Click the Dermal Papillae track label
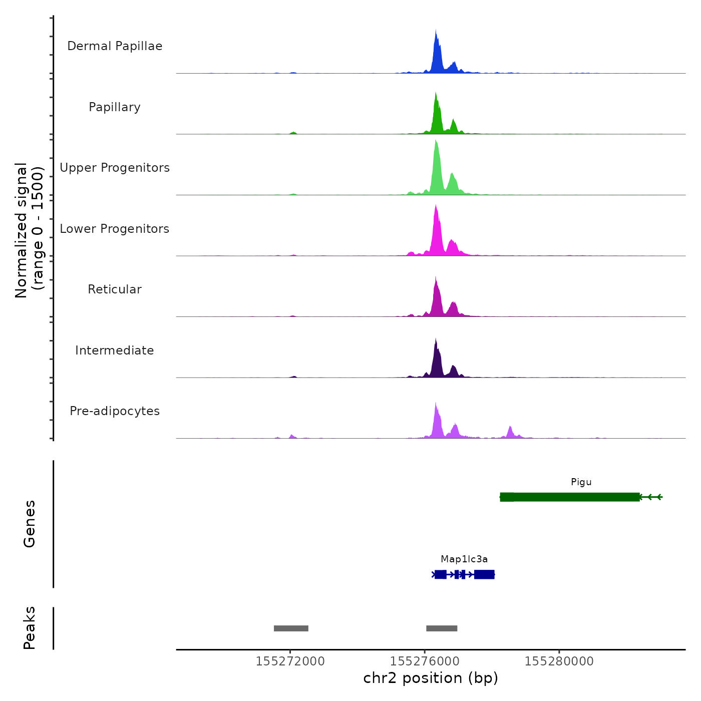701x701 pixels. pyautogui.click(x=115, y=46)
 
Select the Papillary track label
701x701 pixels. pyautogui.click(x=115, y=107)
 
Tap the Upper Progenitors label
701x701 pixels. pyautogui.click(x=115, y=168)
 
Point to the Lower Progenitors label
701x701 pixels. pyautogui.click(x=115, y=229)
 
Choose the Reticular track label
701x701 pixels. pyautogui.click(x=115, y=289)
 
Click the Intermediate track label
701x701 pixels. pyautogui.click(x=115, y=350)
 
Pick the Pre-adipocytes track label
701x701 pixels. pyautogui.click(x=115, y=411)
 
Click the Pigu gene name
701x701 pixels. pyautogui.click(x=581, y=482)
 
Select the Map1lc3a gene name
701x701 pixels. pyautogui.click(x=464, y=559)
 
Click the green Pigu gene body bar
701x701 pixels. pyautogui.click(x=571, y=497)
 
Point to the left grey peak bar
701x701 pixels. pyautogui.click(x=291, y=628)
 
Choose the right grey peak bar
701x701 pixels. pyautogui.click(x=442, y=628)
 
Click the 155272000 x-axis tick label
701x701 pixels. pyautogui.click(x=290, y=661)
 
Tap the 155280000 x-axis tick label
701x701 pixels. pyautogui.click(x=559, y=661)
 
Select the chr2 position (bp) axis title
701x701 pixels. pyautogui.click(x=431, y=678)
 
